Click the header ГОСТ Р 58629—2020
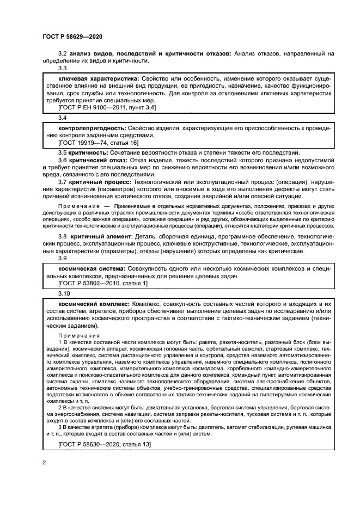(x=72, y=36)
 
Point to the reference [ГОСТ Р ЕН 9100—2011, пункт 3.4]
(x=107, y=108)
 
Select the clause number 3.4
(x=63, y=118)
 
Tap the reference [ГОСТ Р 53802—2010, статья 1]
(x=102, y=284)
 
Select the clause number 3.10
(x=64, y=293)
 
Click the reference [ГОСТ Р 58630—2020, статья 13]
(x=104, y=445)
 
